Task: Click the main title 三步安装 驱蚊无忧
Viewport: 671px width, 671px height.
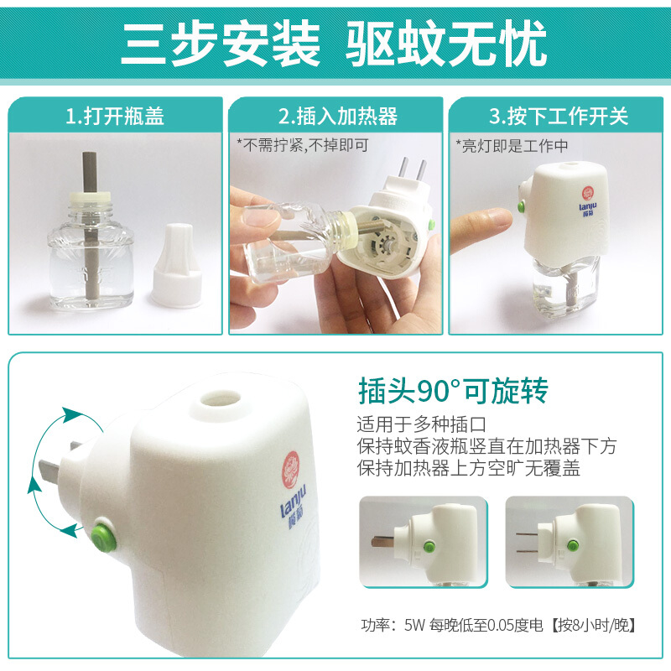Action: pos(334,44)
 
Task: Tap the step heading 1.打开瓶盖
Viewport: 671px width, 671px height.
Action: pos(115,117)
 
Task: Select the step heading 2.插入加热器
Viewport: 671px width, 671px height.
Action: pos(338,117)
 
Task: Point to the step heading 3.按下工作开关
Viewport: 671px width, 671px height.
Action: pos(559,117)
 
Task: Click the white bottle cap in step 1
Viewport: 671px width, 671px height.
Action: pos(177,265)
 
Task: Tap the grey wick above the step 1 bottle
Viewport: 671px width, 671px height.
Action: pos(90,172)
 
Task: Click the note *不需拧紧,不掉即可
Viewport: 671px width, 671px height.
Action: pos(303,145)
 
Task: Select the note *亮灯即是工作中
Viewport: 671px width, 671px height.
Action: pos(512,146)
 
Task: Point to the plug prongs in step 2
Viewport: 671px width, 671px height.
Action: pos(412,169)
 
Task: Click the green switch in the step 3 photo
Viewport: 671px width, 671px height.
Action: pos(522,207)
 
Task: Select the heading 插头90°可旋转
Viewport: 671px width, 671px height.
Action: pos(453,391)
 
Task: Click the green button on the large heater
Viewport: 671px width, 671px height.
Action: pos(103,534)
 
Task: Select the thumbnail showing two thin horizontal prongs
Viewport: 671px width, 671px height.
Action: pos(570,541)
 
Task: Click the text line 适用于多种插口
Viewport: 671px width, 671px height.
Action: pos(422,424)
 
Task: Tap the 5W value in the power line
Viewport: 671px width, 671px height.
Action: pos(414,625)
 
